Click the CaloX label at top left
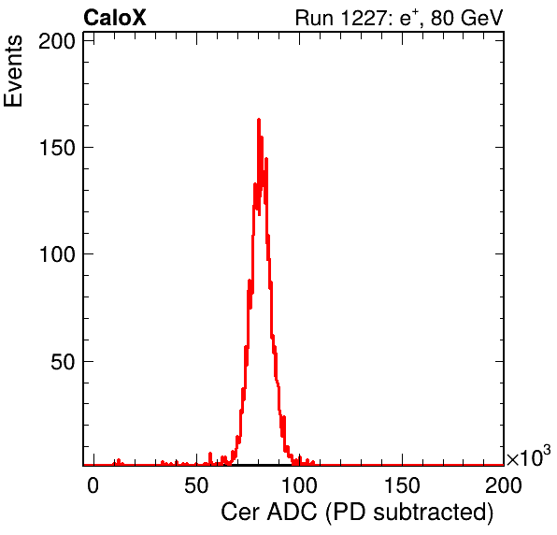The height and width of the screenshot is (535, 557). click(x=115, y=18)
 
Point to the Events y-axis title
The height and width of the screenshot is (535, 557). click(x=13, y=71)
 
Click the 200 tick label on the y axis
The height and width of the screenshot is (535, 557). click(x=57, y=41)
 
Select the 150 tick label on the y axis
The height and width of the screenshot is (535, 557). click(x=57, y=147)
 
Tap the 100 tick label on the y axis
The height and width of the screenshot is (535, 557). click(x=57, y=254)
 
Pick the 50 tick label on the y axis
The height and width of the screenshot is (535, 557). click(x=64, y=362)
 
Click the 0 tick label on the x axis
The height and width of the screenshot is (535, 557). click(x=93, y=485)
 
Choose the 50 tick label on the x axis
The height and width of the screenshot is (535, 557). click(x=196, y=485)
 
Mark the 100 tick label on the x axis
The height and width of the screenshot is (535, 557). click(x=299, y=485)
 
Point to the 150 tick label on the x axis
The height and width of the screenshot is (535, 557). click(x=402, y=485)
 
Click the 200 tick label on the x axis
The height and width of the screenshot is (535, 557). click(x=504, y=485)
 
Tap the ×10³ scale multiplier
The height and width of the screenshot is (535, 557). click(x=529, y=455)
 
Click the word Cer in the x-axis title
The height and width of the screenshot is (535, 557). click(x=241, y=513)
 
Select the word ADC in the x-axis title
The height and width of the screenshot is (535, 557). click(x=292, y=513)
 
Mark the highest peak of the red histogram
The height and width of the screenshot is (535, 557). click(x=259, y=120)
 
